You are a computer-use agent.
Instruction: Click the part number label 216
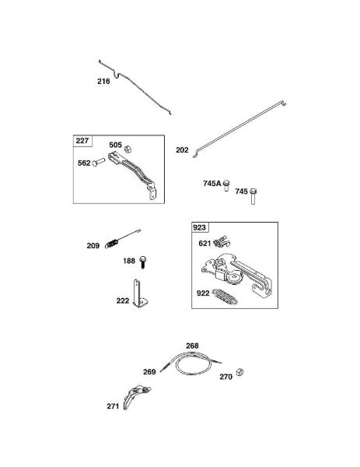pyautogui.click(x=103, y=81)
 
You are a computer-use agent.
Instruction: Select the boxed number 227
pyautogui.click(x=82, y=141)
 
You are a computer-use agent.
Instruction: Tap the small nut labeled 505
pyautogui.click(x=128, y=149)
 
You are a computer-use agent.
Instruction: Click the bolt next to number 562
pyautogui.click(x=99, y=163)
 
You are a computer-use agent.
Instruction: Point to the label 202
pyautogui.click(x=182, y=150)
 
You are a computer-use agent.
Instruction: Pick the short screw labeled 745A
pyautogui.click(x=226, y=185)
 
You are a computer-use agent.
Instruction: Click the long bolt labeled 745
pyautogui.click(x=253, y=196)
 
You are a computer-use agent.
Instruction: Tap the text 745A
pyautogui.click(x=212, y=184)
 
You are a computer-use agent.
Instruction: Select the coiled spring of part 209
pyautogui.click(x=111, y=244)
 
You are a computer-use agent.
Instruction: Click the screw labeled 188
pyautogui.click(x=143, y=262)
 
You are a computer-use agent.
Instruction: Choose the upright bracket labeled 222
pyautogui.click(x=140, y=294)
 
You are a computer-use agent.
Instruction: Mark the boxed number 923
pyautogui.click(x=199, y=227)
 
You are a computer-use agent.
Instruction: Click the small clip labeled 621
pyautogui.click(x=222, y=241)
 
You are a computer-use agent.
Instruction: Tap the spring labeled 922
pyautogui.click(x=225, y=297)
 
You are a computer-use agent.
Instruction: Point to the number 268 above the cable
pyautogui.click(x=192, y=346)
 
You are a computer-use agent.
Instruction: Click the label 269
pyautogui.click(x=149, y=372)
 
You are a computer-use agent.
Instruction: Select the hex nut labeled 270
pyautogui.click(x=239, y=372)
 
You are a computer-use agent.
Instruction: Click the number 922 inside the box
pyautogui.click(x=203, y=293)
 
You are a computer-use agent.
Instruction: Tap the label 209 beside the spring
pyautogui.click(x=93, y=246)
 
